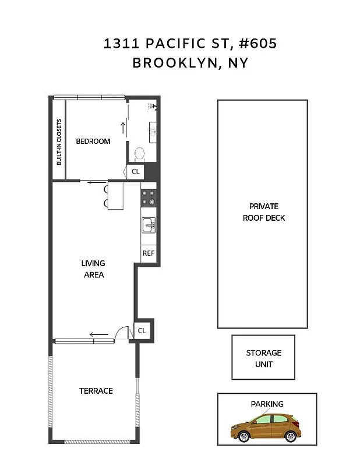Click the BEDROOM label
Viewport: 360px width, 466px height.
pyautogui.click(x=93, y=141)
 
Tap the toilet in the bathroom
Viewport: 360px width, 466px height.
pyautogui.click(x=140, y=154)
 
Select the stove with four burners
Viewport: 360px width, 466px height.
pyautogui.click(x=149, y=197)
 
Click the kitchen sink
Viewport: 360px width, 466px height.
pyautogui.click(x=149, y=224)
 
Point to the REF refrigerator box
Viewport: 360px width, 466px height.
pyautogui.click(x=149, y=253)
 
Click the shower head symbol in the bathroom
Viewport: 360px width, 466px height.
pyautogui.click(x=152, y=107)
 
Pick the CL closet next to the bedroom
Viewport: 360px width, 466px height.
pyautogui.click(x=136, y=171)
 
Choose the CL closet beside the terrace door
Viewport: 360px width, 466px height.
pyautogui.click(x=142, y=330)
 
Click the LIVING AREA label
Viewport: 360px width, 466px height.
pyautogui.click(x=93, y=269)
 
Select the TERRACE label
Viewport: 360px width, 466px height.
pyautogui.click(x=96, y=390)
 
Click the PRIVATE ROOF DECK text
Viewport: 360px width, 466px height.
pyautogui.click(x=263, y=212)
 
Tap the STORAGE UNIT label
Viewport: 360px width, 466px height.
pyautogui.click(x=263, y=358)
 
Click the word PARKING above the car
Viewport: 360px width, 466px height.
pyautogui.click(x=267, y=404)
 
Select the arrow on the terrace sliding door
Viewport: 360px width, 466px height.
pyautogui.click(x=98, y=334)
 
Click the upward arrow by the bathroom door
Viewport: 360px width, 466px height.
pyautogui.click(x=123, y=126)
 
